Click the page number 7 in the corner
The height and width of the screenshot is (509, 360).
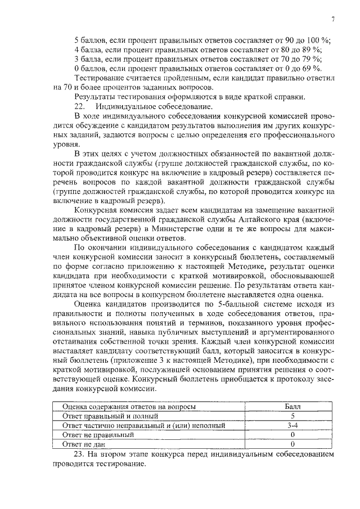[x=333, y=20]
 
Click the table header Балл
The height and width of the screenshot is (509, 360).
[x=292, y=406]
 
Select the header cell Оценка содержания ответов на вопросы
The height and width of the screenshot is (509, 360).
[x=129, y=406]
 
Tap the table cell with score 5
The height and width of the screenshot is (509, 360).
[x=292, y=416]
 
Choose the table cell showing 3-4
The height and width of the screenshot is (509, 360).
[x=292, y=425]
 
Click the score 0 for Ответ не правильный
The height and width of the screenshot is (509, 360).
[x=292, y=435]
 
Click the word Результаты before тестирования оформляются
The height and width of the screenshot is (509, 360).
[x=95, y=97]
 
